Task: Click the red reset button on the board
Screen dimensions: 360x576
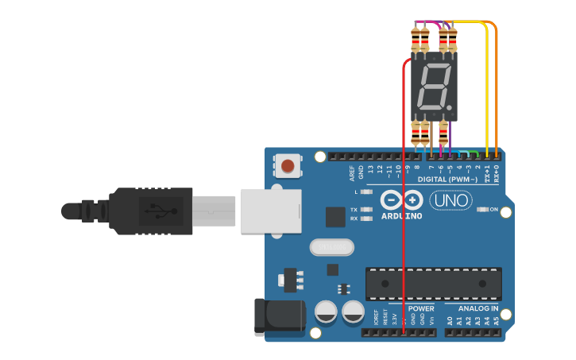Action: [x=288, y=167]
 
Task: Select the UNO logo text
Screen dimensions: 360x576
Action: [x=450, y=200]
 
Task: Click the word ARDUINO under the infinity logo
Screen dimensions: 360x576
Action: [x=401, y=216]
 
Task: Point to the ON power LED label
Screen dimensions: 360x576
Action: [x=493, y=209]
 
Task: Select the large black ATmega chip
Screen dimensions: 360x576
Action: [x=433, y=284]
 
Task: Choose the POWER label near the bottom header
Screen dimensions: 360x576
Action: [x=421, y=308]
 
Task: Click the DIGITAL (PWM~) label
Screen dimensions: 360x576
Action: [x=447, y=180]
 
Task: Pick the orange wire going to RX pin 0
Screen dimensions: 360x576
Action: [x=497, y=87]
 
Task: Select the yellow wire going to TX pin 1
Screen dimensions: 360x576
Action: [x=488, y=87]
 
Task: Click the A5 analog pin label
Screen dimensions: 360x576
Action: [x=497, y=321]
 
